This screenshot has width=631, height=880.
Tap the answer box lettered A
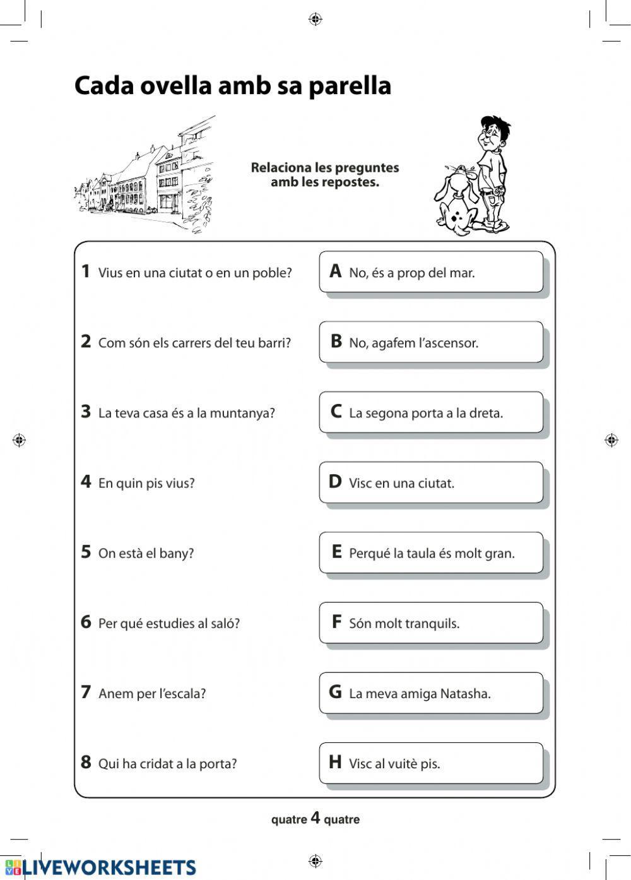(x=431, y=272)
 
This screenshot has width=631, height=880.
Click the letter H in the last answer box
(x=335, y=763)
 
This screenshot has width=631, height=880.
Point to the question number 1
(x=86, y=271)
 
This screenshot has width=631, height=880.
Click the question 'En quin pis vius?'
(x=146, y=484)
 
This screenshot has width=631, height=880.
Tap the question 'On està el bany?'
(x=146, y=554)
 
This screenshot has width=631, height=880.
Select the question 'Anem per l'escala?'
(x=152, y=694)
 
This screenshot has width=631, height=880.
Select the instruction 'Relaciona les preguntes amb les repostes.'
(x=325, y=175)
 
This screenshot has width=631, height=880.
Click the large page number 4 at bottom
(x=315, y=819)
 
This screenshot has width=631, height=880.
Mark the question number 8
(x=86, y=763)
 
